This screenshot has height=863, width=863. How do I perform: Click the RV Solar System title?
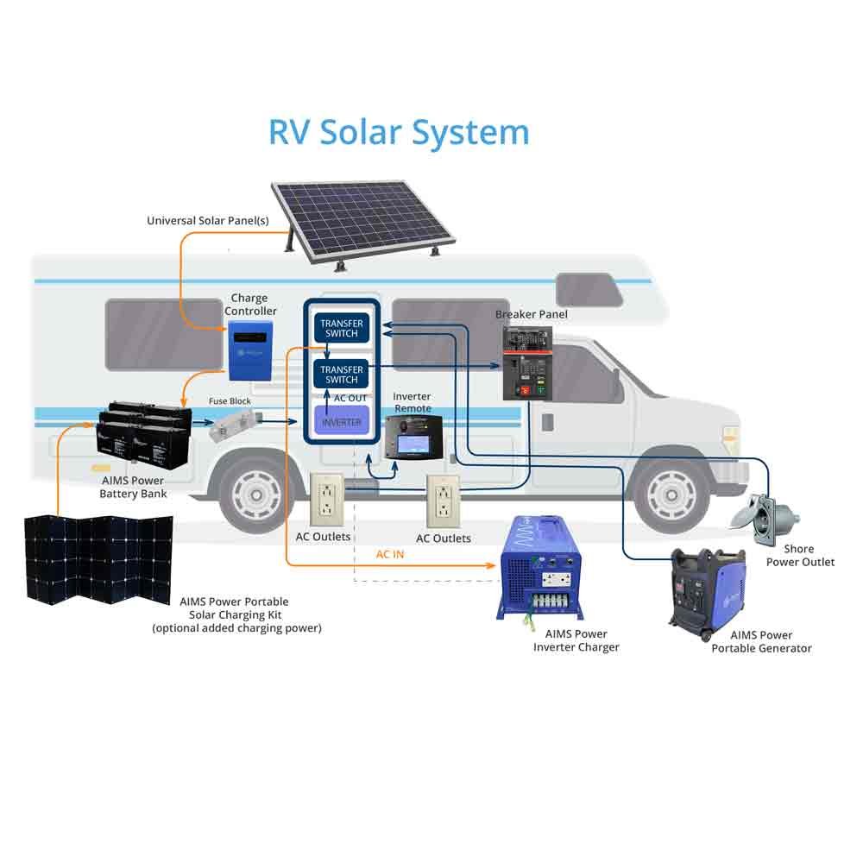[399, 132]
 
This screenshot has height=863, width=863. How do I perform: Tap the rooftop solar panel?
[362, 216]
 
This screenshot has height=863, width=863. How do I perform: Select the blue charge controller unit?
[251, 350]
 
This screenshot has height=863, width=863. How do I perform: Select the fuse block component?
[235, 425]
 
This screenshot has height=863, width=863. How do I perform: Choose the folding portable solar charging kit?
[98, 558]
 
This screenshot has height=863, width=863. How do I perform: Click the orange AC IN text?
[390, 554]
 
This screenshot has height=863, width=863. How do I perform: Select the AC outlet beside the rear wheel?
[327, 501]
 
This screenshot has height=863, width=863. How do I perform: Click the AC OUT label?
[350, 398]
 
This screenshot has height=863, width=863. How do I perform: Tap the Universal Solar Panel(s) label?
[208, 221]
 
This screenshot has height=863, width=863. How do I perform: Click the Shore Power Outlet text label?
[800, 555]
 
